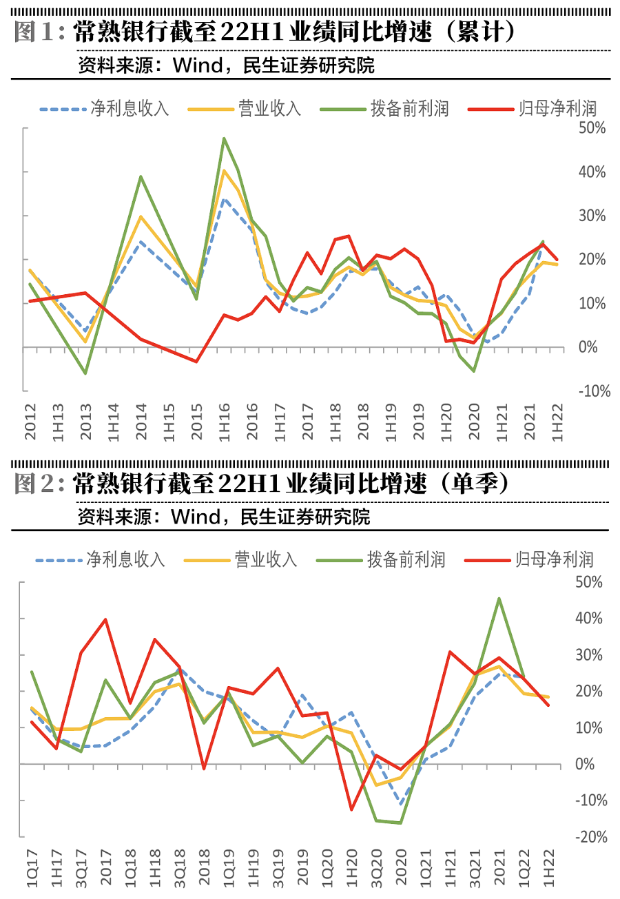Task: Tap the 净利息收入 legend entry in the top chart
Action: (104, 109)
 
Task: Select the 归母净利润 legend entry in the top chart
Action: (531, 109)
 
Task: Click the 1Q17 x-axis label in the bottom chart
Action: (30, 871)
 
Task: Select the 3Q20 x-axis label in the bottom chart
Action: (377, 871)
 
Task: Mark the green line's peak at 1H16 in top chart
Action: (225, 138)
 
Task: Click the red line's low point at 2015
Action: (196, 361)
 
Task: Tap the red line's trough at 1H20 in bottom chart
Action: (351, 809)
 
